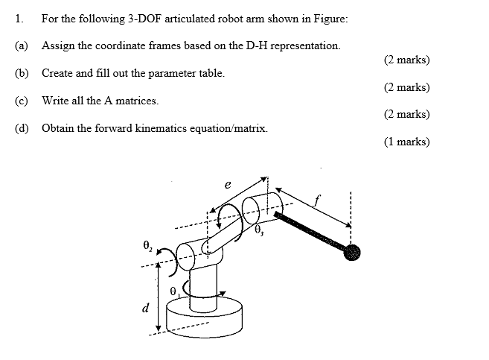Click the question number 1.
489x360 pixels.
(x=16, y=18)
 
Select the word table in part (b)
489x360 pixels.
(x=210, y=73)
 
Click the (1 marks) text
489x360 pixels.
(x=406, y=142)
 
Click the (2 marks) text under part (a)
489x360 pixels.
(x=406, y=60)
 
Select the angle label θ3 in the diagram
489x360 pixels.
(x=260, y=232)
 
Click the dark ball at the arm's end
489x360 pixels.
(x=352, y=253)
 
